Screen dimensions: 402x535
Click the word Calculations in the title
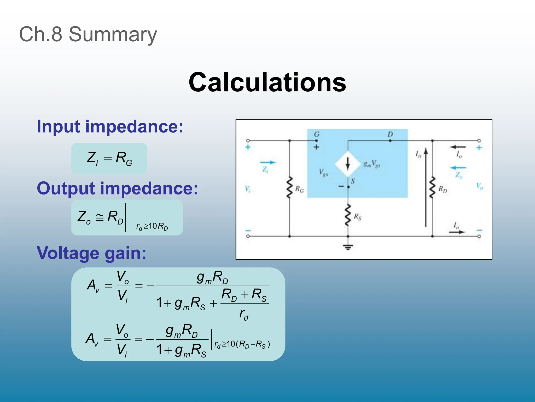pyautogui.click(x=267, y=82)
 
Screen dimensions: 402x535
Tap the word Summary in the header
pyautogui.click(x=113, y=35)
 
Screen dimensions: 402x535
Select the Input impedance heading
pyautogui.click(x=110, y=127)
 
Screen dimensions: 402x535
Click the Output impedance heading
pyautogui.click(x=118, y=188)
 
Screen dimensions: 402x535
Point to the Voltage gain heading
pyautogui.click(x=91, y=253)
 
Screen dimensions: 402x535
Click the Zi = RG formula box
pyautogui.click(x=109, y=158)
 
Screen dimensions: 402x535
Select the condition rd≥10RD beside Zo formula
pyautogui.click(x=152, y=226)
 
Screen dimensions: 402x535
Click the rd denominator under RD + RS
pyautogui.click(x=244, y=314)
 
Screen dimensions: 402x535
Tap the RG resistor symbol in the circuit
pyautogui.click(x=289, y=188)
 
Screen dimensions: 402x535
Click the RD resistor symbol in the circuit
pyautogui.click(x=432, y=188)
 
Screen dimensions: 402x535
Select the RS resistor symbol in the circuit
pyautogui.click(x=348, y=215)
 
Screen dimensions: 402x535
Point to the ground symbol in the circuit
pyautogui.click(x=348, y=247)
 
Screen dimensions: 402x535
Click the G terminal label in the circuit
pyautogui.click(x=317, y=134)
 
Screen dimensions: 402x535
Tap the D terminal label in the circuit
pyautogui.click(x=390, y=134)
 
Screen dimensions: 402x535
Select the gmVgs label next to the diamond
pyautogui.click(x=372, y=164)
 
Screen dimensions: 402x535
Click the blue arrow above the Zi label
pyautogui.click(x=268, y=163)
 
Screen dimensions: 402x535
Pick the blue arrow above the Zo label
pyautogui.click(x=458, y=168)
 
